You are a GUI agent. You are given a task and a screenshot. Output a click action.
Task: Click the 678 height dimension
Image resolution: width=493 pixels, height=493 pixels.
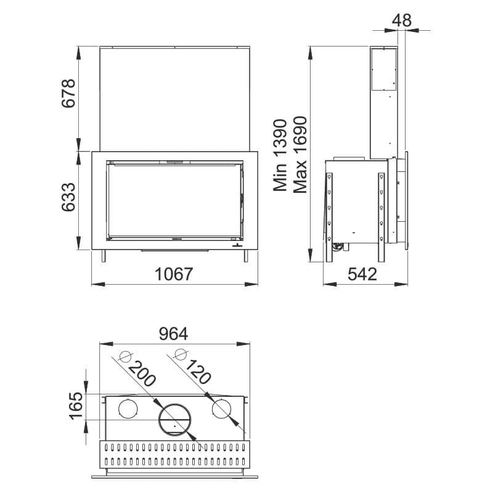tap(68, 94)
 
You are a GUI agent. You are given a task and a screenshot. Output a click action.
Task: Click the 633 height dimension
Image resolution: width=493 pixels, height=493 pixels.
tap(68, 197)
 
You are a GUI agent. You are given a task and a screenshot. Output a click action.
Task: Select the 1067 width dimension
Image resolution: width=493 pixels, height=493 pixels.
tap(174, 274)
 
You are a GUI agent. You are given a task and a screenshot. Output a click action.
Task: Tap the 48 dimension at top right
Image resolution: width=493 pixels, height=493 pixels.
tap(402, 21)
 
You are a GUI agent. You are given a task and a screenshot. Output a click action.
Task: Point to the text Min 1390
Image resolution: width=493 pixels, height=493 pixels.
tap(280, 155)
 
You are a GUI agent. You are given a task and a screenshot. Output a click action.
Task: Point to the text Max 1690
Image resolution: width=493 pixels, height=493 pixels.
tap(299, 155)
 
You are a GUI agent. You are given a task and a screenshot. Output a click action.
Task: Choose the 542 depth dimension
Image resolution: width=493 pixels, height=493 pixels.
tap(362, 274)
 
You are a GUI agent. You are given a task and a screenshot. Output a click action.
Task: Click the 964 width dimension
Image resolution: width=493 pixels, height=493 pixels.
tap(173, 333)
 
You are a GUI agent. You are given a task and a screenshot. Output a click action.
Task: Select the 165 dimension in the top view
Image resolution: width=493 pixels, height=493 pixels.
tap(76, 405)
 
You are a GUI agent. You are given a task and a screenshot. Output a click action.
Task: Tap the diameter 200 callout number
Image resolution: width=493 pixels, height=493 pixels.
tap(142, 373)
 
